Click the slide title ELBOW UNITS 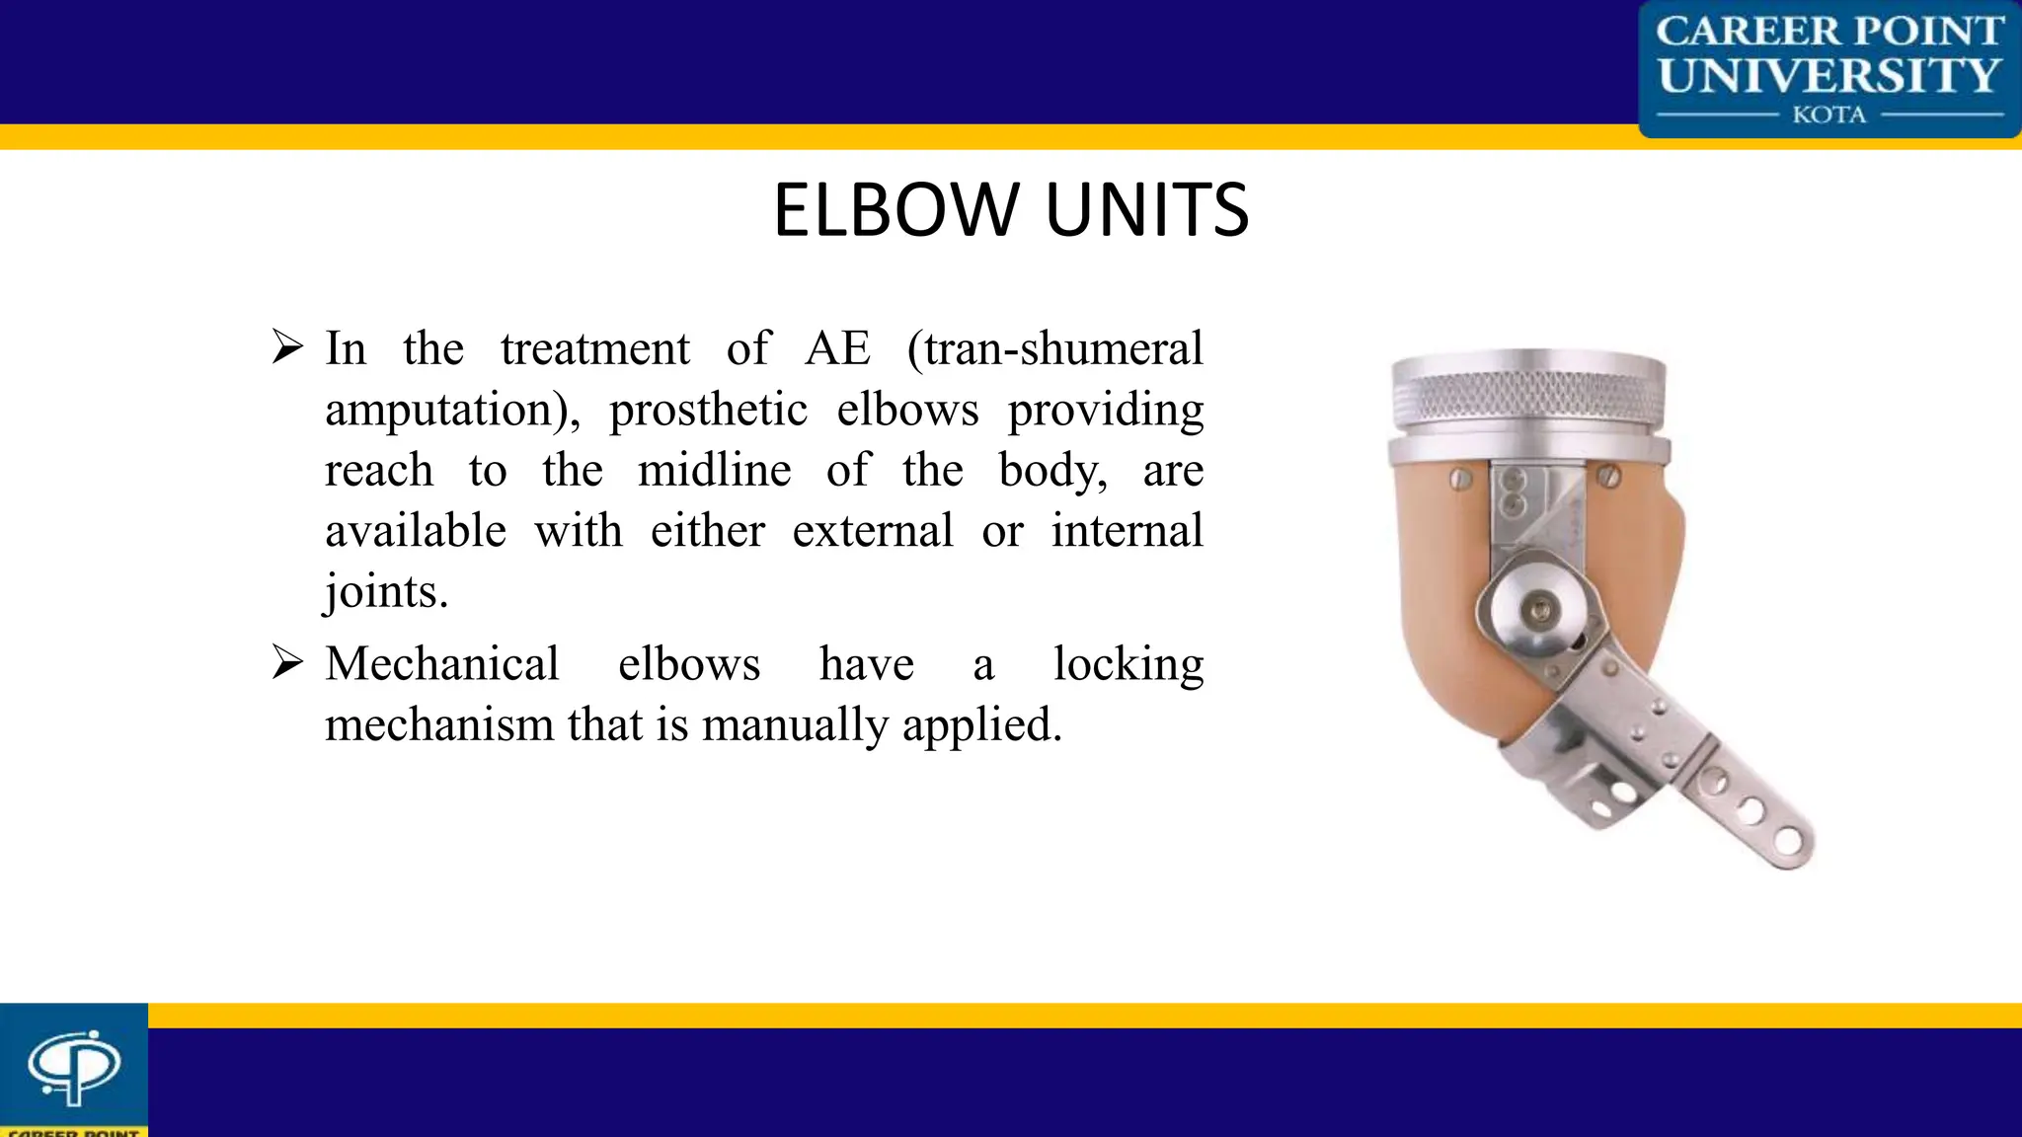[1011, 210]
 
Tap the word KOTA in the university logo [1828, 115]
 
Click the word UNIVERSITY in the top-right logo [1828, 75]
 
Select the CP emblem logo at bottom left [73, 1067]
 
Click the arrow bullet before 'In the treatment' [287, 347]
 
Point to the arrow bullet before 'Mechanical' [287, 662]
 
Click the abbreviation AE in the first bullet [838, 348]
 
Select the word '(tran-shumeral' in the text [1055, 348]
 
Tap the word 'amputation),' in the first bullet [453, 410]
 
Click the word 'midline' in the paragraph [714, 470]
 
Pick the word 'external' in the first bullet [873, 531]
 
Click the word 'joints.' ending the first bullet [386, 592]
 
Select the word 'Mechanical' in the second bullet [442, 663]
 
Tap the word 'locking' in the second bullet [1128, 663]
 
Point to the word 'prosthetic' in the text [708, 410]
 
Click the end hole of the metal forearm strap [1788, 842]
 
